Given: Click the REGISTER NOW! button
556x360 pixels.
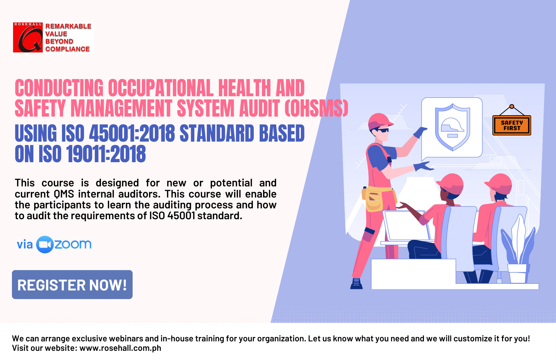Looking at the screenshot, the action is pyautogui.click(x=72, y=285).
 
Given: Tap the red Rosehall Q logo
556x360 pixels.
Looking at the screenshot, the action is pyautogui.click(x=28, y=38).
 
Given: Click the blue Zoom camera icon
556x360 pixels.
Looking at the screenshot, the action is pyautogui.click(x=45, y=245).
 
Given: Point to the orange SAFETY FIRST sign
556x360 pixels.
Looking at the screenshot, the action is pyautogui.click(x=512, y=125).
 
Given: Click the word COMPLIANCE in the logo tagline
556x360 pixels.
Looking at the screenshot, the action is pyautogui.click(x=68, y=49).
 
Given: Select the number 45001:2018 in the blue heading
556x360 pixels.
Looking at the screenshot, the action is pyautogui.click(x=132, y=133).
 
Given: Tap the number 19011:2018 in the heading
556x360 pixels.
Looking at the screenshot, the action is pyautogui.click(x=106, y=154).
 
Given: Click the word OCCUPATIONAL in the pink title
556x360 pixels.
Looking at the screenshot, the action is pyautogui.click(x=161, y=88).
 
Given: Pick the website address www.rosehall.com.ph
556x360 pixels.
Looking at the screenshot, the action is pyautogui.click(x=120, y=348).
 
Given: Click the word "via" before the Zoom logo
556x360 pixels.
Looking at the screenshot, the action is pyautogui.click(x=25, y=245).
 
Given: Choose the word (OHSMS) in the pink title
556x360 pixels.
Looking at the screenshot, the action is pyautogui.click(x=316, y=108).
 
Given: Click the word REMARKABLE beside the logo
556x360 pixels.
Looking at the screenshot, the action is pyautogui.click(x=68, y=26).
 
